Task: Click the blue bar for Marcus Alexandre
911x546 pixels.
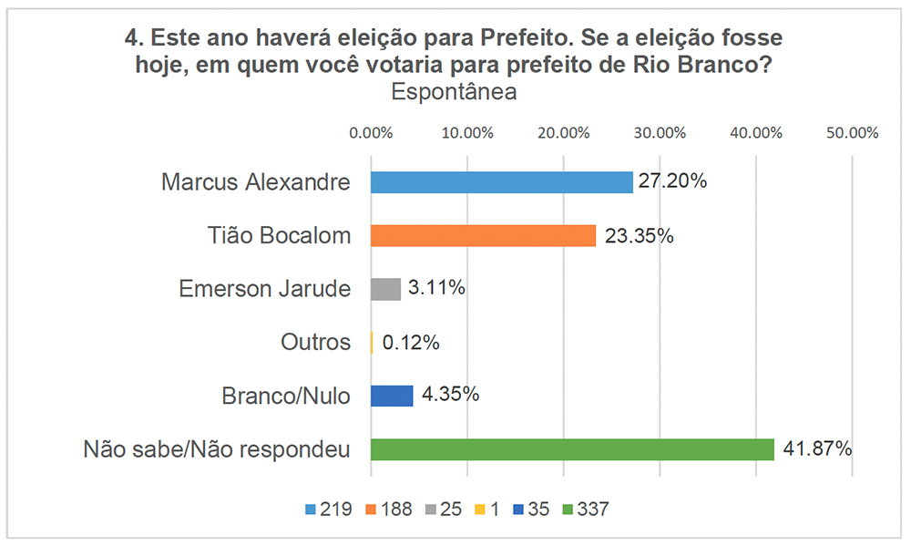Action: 501,182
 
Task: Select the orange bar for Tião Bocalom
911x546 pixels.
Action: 483,236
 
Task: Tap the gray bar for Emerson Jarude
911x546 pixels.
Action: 385,289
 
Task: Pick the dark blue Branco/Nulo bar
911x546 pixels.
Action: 392,396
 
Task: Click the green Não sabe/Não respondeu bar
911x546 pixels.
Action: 572,449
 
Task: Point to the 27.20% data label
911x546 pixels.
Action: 672,181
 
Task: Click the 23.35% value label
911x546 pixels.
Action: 636,236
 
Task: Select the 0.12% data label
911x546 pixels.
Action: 411,343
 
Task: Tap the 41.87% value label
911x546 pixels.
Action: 814,448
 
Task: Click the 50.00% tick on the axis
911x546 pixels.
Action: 852,132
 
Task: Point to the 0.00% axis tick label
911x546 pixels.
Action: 371,132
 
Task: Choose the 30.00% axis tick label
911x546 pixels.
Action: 660,132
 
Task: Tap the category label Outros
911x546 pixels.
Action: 316,343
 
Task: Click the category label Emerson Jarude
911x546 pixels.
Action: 264,289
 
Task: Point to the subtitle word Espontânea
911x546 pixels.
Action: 454,92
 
